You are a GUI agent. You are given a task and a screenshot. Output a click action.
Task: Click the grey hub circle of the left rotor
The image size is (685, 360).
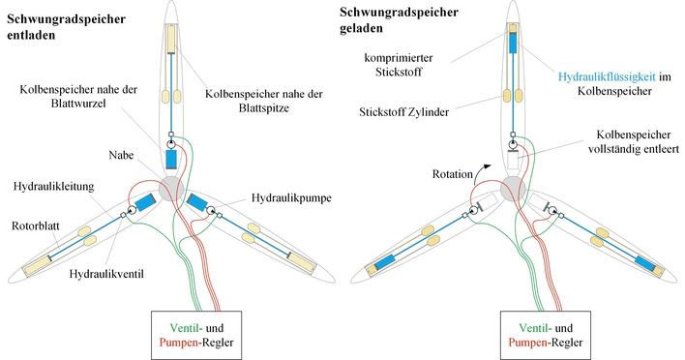click(173, 186)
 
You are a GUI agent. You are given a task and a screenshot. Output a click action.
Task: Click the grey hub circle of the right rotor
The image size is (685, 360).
click(514, 186)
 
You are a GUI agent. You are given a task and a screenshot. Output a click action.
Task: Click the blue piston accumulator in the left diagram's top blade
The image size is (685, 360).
click(173, 159)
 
